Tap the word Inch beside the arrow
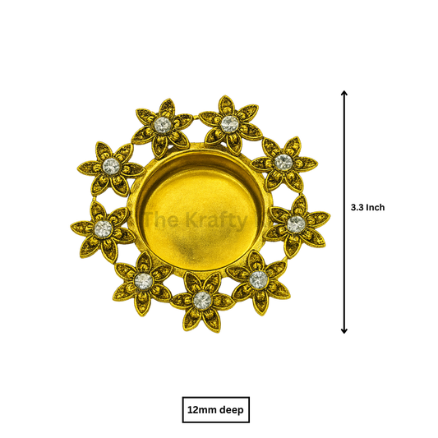[x=376, y=208]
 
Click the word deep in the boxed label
[x=232, y=410]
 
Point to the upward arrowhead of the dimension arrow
[x=344, y=93]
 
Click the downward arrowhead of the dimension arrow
[x=344, y=330]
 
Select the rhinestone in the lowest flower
[x=202, y=300]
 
